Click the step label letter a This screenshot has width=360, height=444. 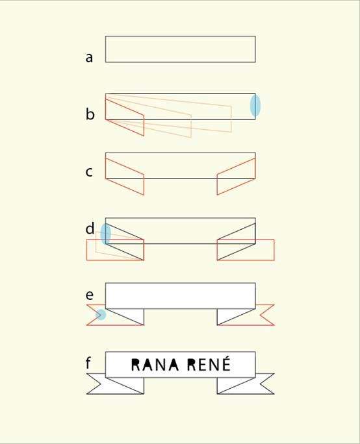point(89,58)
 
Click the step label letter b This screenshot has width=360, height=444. point(90,114)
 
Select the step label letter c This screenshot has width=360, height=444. point(89,172)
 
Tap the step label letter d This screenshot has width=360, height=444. point(90,228)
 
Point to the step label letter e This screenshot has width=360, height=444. point(89,295)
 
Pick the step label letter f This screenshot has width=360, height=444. point(88,363)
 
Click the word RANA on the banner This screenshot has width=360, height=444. point(155,365)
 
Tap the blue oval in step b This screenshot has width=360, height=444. point(255,105)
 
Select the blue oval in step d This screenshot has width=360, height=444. point(106,234)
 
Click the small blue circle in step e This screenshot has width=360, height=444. point(101,315)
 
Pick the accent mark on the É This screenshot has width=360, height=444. point(225,358)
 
